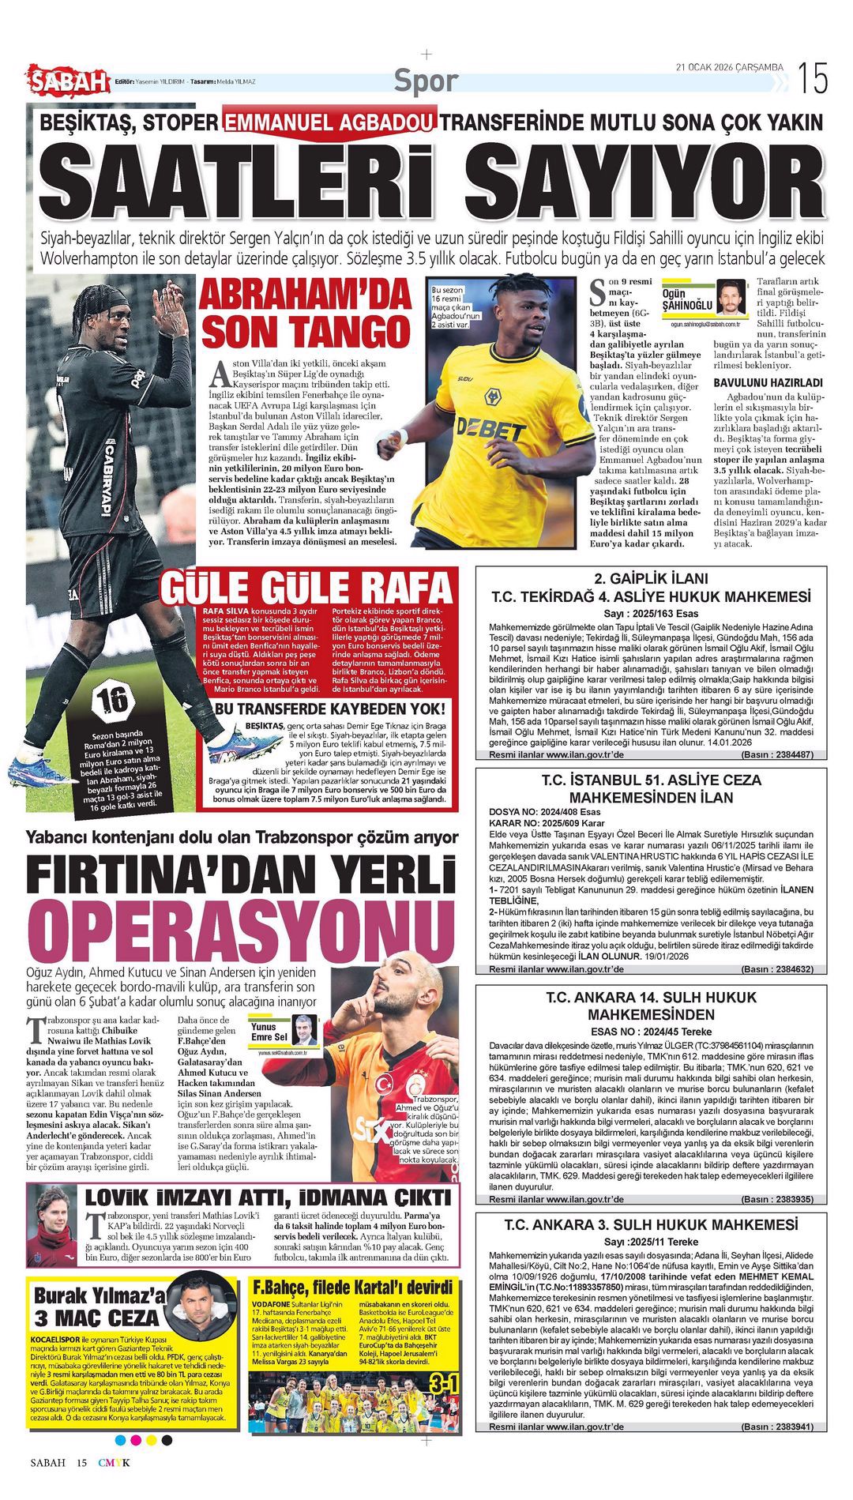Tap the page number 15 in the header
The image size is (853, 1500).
[x=812, y=79]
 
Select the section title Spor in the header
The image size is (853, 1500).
[x=426, y=81]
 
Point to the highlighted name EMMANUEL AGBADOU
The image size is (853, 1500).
[x=329, y=122]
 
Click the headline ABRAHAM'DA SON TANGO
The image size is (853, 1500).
[x=306, y=313]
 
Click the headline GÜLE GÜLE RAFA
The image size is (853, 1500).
[x=306, y=588]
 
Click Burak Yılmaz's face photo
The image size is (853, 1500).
[x=195, y=1304]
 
